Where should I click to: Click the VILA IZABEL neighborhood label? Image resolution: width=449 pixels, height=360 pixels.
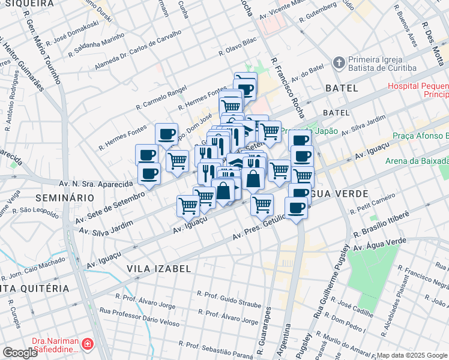158,269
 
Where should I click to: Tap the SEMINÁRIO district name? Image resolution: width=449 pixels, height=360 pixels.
64,197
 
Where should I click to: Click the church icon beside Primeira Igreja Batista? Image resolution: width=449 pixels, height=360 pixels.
339,62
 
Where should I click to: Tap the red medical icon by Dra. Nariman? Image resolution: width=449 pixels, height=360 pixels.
87,344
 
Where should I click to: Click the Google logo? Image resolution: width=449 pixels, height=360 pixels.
20,353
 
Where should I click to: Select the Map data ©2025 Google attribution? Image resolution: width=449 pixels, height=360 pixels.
412,355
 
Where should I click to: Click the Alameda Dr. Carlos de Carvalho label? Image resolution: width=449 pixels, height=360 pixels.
144,49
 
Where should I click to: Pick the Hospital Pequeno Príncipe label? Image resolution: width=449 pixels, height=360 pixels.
418,90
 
